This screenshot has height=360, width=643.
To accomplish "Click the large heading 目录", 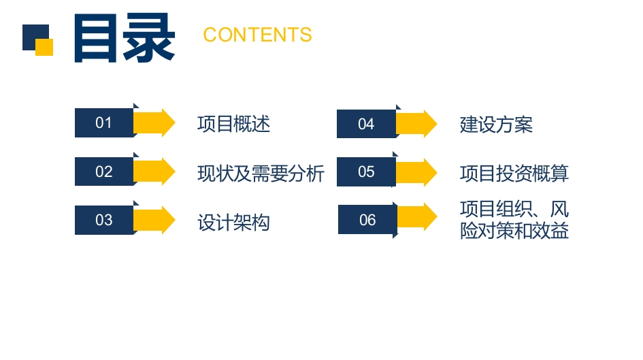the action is pyautogui.click(x=125, y=37).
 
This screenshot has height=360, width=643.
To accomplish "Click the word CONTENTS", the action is pyautogui.click(x=257, y=35).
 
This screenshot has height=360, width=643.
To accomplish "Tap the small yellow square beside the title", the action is pyautogui.click(x=44, y=47).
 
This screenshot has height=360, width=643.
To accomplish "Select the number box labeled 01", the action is pyautogui.click(x=104, y=122).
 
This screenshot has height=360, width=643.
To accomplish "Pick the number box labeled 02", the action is pyautogui.click(x=104, y=171).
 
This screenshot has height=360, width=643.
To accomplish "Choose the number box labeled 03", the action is pyautogui.click(x=104, y=220).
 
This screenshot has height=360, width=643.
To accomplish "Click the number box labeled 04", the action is pyautogui.click(x=367, y=124).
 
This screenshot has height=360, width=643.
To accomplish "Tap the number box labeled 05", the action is pyautogui.click(x=367, y=171).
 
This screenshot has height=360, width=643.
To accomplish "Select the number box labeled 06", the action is pyautogui.click(x=368, y=220).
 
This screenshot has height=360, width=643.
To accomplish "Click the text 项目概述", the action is pyautogui.click(x=234, y=124).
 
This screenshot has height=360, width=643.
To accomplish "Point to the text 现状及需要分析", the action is pyautogui.click(x=261, y=174).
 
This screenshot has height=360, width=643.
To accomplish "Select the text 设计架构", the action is pyautogui.click(x=234, y=223).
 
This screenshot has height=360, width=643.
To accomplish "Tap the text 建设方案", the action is pyautogui.click(x=496, y=125).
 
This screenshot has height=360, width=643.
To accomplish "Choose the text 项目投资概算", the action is pyautogui.click(x=514, y=174).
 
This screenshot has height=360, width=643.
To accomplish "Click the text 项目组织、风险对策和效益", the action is pyautogui.click(x=514, y=220).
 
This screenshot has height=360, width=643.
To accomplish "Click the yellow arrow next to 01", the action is pyautogui.click(x=154, y=122).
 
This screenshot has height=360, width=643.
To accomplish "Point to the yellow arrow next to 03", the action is pyautogui.click(x=154, y=220).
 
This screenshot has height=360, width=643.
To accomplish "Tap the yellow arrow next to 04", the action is pyautogui.click(x=416, y=124).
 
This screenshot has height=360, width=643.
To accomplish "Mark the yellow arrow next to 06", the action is pyautogui.click(x=418, y=216).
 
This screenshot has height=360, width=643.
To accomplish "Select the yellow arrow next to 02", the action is pyautogui.click(x=154, y=171).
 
